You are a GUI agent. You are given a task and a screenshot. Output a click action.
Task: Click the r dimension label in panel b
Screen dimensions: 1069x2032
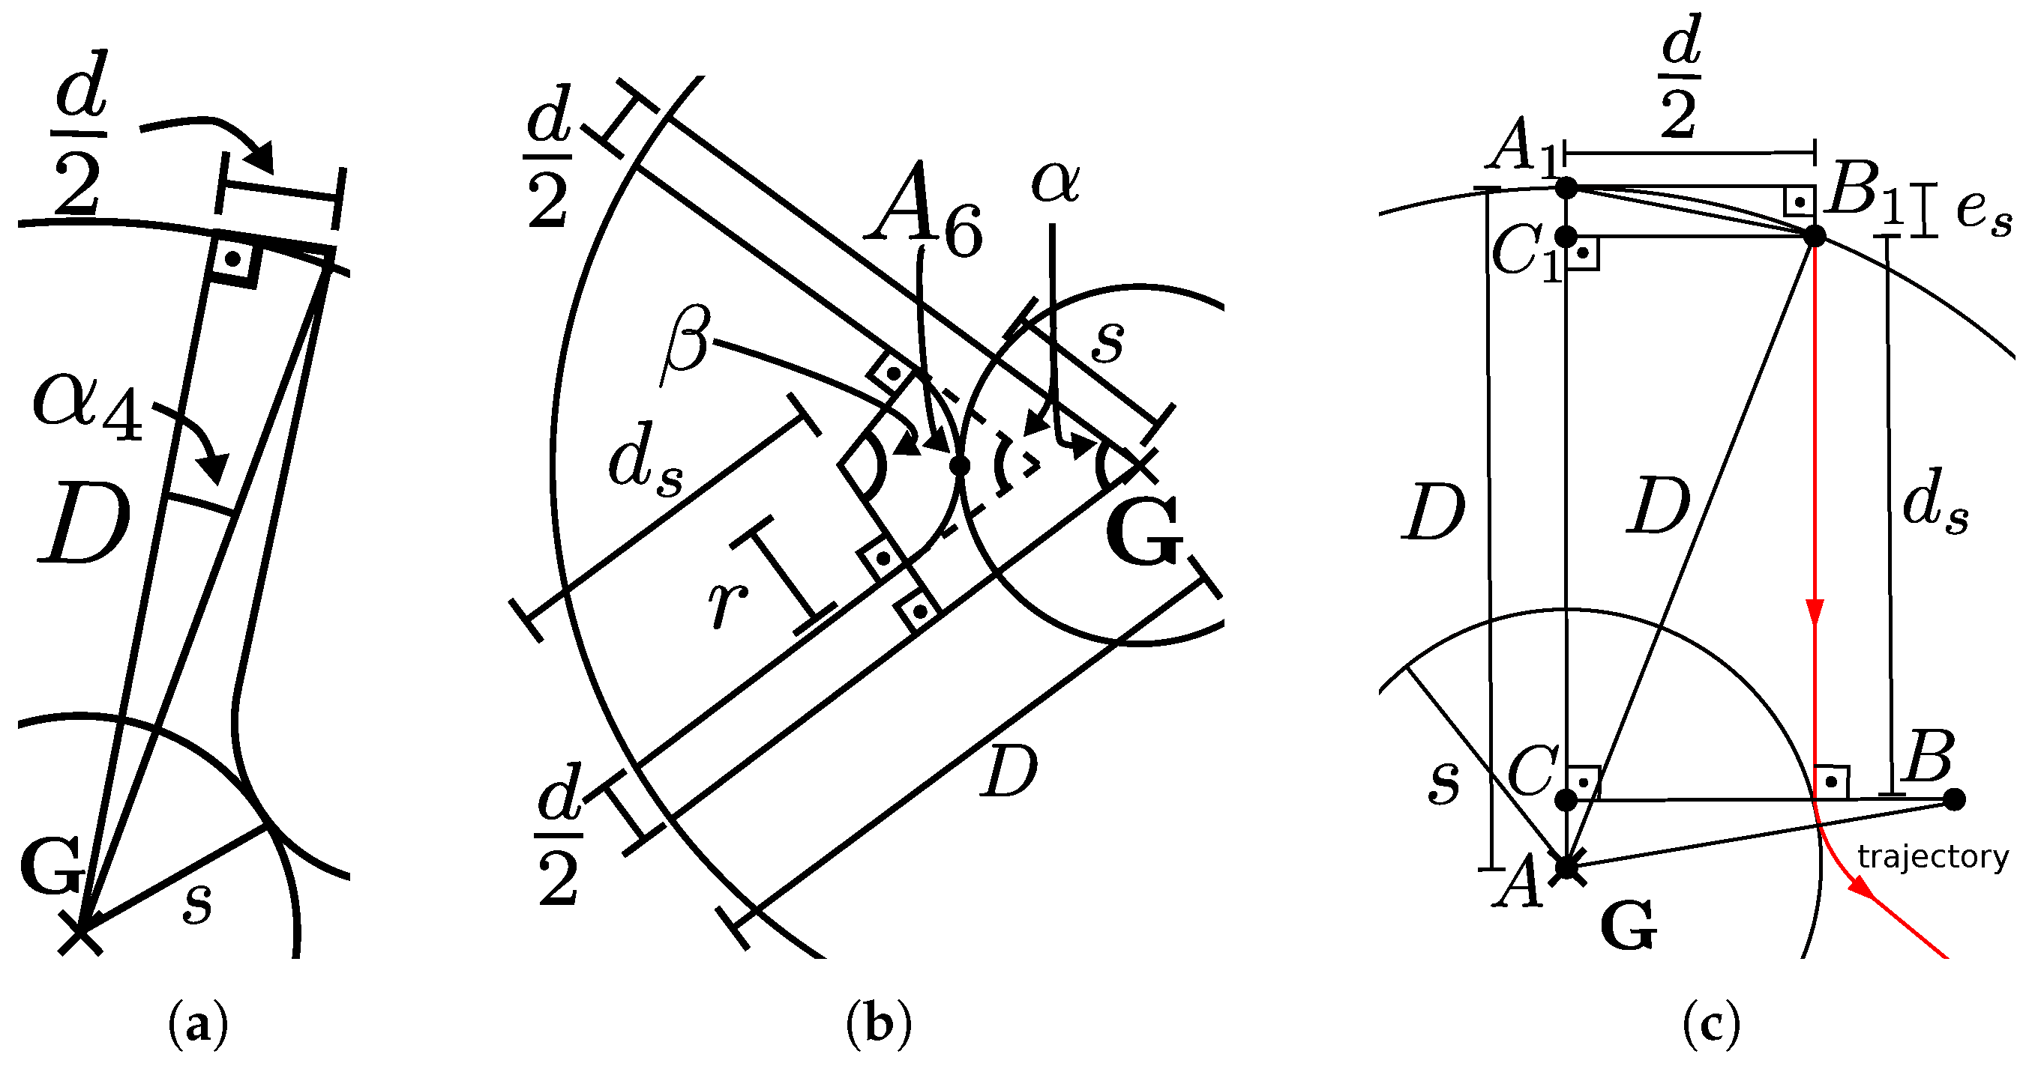(727, 603)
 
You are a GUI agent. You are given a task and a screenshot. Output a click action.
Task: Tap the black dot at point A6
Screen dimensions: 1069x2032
(959, 466)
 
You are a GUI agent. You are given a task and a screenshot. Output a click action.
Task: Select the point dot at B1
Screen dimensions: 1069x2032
(1815, 236)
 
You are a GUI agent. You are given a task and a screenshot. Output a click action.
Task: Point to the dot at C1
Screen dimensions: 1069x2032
(1566, 236)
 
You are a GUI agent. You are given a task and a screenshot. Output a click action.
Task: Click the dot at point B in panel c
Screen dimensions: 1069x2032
(1954, 799)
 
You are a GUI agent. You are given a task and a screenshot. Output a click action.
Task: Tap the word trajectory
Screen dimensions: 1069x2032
(1932, 857)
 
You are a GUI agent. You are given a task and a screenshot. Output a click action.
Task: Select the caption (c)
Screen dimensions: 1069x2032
(1711, 1025)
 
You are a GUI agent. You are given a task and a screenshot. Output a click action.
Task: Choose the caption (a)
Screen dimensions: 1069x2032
(198, 1025)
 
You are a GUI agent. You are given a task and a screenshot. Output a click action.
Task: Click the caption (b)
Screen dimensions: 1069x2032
(879, 1025)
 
